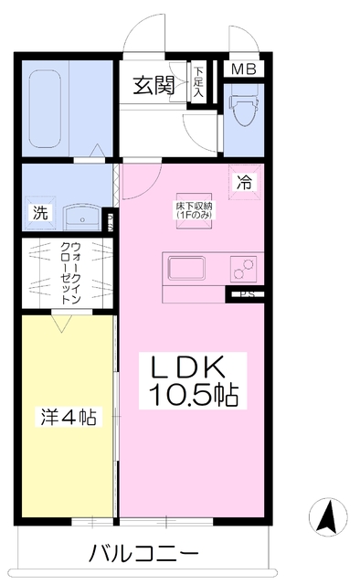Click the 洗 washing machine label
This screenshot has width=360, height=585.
pyautogui.click(x=40, y=213)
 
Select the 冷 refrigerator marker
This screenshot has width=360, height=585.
pyautogui.click(x=244, y=181)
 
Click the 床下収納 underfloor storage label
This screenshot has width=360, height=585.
pyautogui.click(x=195, y=211)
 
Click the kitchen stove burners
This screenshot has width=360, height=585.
pyautogui.click(x=243, y=269)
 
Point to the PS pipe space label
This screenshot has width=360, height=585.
pyautogui.click(x=245, y=294)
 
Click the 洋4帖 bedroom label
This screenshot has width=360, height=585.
pyautogui.click(x=67, y=417)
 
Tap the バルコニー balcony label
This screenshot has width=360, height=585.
pyautogui.click(x=143, y=554)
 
